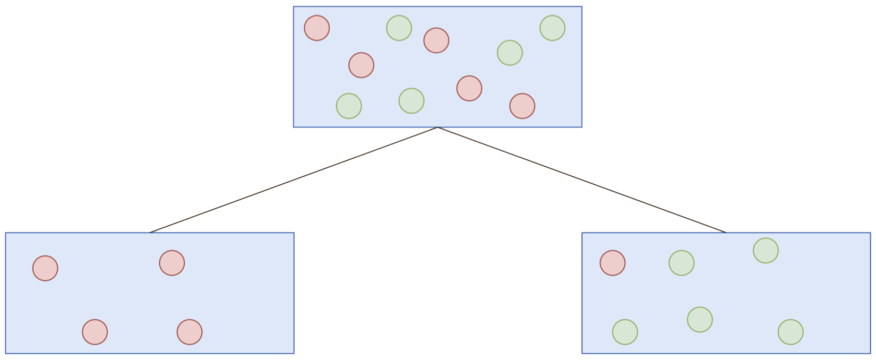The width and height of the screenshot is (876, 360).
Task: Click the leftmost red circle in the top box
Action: coord(316,28)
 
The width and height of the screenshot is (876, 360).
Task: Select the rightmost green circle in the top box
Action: coord(552,28)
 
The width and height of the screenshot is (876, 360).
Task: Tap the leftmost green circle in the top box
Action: coord(349,106)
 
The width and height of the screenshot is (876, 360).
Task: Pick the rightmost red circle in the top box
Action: coord(522,106)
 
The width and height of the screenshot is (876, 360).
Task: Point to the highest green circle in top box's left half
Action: coord(399,28)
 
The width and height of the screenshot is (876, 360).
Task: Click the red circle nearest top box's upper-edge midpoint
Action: coord(436,40)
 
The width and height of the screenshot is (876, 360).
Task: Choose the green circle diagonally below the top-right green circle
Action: coord(510,53)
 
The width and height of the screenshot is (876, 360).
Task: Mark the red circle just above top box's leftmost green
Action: coord(361,65)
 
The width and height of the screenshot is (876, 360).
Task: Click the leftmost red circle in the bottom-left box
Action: coord(45,268)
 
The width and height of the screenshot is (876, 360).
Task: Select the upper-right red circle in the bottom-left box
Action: coord(171,263)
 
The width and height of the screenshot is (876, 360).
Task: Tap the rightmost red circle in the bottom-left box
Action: coord(190,332)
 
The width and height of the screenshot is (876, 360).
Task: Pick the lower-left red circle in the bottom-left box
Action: coord(95,332)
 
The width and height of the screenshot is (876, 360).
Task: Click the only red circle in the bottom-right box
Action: coord(612,263)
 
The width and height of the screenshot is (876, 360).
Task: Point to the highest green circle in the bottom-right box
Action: coord(766,251)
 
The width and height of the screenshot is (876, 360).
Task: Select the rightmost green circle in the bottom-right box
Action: coord(791,332)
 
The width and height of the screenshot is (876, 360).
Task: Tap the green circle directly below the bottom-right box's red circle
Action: coord(625,332)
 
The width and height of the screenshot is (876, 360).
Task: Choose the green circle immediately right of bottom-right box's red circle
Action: coord(681,263)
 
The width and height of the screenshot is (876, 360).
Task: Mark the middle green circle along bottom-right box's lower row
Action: coord(700,320)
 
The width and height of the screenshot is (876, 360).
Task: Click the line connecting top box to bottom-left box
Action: coord(294,180)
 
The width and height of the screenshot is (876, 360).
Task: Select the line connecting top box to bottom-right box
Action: coord(582,180)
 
